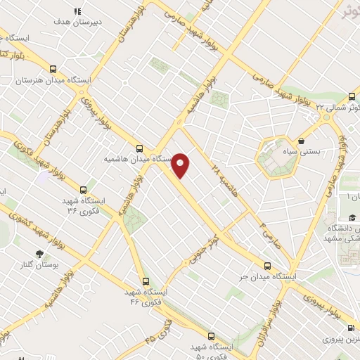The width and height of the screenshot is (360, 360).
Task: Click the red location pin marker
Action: point(181,165)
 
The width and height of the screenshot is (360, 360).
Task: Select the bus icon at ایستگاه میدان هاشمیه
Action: point(139,149)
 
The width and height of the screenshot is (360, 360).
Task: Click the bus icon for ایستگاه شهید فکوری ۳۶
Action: point(84,190)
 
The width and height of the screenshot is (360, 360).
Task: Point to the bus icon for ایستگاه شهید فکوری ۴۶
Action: point(145,281)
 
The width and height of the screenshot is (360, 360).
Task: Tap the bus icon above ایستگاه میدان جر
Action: point(266,266)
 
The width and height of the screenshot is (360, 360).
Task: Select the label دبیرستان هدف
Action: point(78,22)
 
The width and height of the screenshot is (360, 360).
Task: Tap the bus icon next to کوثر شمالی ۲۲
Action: point(352,97)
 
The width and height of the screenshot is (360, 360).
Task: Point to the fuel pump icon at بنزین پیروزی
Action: point(351,328)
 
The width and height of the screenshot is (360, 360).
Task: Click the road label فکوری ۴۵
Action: point(158,330)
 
